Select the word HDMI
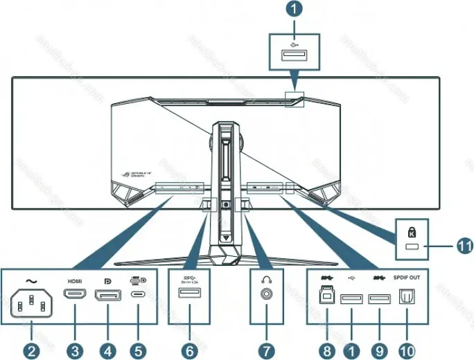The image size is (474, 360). [x=75, y=281]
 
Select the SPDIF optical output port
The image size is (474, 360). [x=407, y=299]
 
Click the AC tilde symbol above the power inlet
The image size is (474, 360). [x=30, y=280]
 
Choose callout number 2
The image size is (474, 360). [x=30, y=350]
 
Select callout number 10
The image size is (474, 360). [x=407, y=350]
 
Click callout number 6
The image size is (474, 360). [x=188, y=350]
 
